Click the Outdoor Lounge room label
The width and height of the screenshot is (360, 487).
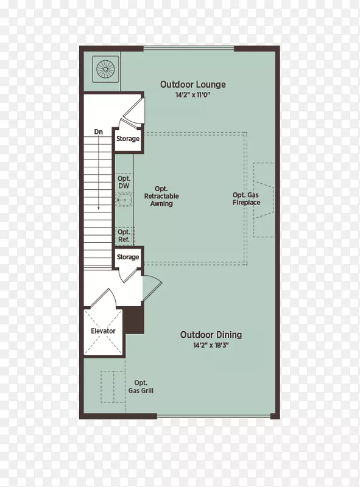[x=192, y=85]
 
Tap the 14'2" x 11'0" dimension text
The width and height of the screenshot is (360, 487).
[x=192, y=95]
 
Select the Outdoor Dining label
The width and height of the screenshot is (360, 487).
[x=211, y=335]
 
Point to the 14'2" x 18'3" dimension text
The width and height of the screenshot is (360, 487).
[x=211, y=345]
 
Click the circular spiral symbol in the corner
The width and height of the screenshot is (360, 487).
[x=106, y=69]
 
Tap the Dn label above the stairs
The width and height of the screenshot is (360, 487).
[x=98, y=132]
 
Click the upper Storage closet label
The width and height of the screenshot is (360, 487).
[x=128, y=139]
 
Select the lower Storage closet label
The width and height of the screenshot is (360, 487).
[x=128, y=257]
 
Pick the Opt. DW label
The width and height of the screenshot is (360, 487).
[x=124, y=182]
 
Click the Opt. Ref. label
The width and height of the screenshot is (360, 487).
[x=124, y=236]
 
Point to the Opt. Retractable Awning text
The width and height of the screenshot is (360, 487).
[x=161, y=196]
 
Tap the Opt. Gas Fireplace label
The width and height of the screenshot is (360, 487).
[x=246, y=199]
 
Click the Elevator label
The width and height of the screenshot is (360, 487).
[x=103, y=331]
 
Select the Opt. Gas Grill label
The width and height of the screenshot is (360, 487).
[x=141, y=387]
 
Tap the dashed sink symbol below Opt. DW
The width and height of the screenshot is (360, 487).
[x=124, y=200]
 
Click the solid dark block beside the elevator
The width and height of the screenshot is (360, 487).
[x=134, y=320]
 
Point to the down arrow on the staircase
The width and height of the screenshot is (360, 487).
[x=99, y=173]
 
